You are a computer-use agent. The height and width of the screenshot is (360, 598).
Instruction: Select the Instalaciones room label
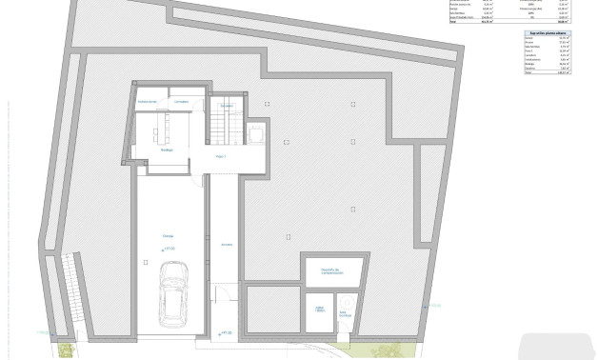pos(147,101)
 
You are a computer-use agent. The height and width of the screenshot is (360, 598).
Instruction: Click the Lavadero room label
pos(181,101)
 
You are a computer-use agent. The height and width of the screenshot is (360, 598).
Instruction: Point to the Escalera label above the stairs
pos(227,105)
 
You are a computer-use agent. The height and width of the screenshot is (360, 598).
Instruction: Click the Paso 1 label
pos(220,154)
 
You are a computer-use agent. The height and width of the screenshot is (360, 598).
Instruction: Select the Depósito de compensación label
pos(330,270)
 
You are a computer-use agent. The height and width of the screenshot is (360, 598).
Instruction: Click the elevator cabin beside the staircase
pos(257,136)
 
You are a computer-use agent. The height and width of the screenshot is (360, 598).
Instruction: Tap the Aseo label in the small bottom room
pos(320,310)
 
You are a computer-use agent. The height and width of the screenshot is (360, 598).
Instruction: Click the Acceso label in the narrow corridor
pos(226,244)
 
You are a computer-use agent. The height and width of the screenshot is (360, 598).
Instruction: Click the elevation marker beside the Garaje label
pos(169,250)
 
